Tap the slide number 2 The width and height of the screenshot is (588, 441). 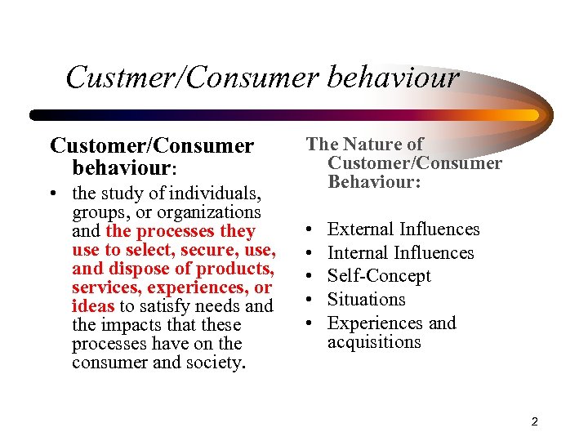534,421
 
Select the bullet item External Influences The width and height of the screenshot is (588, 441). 403,229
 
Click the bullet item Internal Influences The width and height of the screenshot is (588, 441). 400,253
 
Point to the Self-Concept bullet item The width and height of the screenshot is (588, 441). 379,276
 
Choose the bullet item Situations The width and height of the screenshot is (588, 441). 366,300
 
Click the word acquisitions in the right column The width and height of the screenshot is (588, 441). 374,342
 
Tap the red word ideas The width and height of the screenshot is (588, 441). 93,306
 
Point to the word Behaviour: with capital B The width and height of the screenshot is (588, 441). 374,182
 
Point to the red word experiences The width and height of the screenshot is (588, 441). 206,287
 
